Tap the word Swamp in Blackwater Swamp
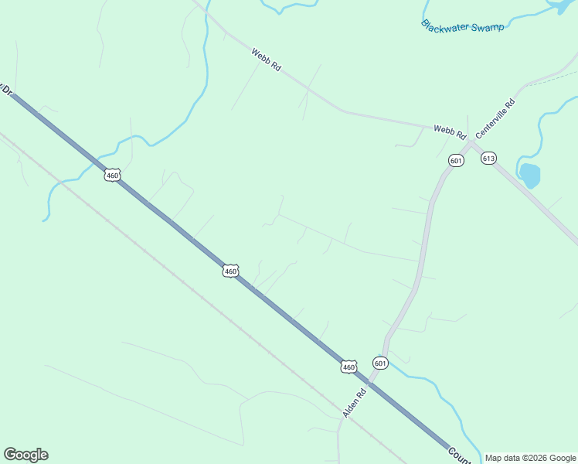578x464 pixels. pyautogui.click(x=488, y=28)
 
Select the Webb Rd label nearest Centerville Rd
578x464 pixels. pyautogui.click(x=450, y=131)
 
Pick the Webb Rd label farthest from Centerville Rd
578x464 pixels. pyautogui.click(x=266, y=61)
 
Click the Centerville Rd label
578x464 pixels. pyautogui.click(x=495, y=118)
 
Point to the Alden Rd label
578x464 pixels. pyautogui.click(x=354, y=402)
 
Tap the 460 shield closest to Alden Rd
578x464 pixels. pyautogui.click(x=349, y=367)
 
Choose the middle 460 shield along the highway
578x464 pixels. pyautogui.click(x=230, y=271)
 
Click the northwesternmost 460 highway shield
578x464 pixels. pyautogui.click(x=113, y=176)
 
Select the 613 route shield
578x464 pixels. pyautogui.click(x=488, y=159)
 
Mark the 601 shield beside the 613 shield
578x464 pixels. pyautogui.click(x=456, y=161)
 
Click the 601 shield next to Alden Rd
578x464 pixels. pyautogui.click(x=379, y=363)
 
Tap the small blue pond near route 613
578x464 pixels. pyautogui.click(x=529, y=176)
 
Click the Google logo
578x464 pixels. pyautogui.click(x=25, y=455)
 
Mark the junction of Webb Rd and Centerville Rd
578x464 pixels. pyautogui.click(x=469, y=142)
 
